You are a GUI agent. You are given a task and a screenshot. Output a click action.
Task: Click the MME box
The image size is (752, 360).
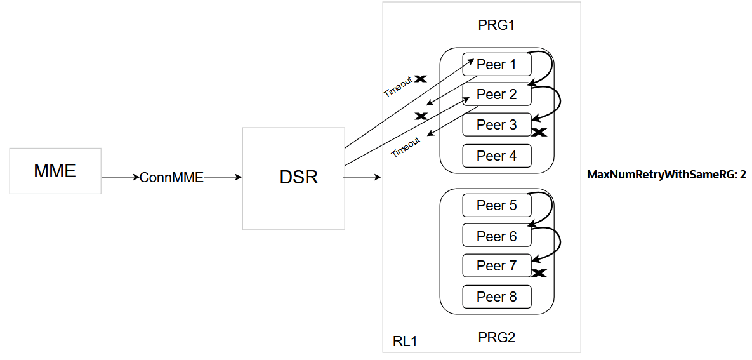pyautogui.click(x=55, y=171)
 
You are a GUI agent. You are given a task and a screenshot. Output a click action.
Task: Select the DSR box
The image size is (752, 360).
pyautogui.click(x=294, y=178)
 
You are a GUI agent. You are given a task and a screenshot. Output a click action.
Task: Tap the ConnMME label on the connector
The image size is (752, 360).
pyautogui.click(x=171, y=178)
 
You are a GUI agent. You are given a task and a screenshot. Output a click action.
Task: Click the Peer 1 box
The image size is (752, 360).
pyautogui.click(x=496, y=64)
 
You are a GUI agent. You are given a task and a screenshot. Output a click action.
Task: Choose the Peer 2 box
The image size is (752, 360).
pyautogui.click(x=496, y=95)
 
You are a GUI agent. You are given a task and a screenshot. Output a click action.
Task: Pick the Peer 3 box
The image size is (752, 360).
pyautogui.click(x=496, y=124)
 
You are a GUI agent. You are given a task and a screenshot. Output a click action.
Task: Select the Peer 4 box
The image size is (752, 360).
pyautogui.click(x=496, y=156)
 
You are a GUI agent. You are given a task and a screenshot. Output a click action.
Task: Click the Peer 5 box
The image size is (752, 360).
pyautogui.click(x=496, y=205)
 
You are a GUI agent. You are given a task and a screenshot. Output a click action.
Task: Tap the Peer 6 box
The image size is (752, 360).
pyautogui.click(x=496, y=236)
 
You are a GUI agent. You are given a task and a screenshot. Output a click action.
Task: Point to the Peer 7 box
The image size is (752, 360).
pyautogui.click(x=496, y=265)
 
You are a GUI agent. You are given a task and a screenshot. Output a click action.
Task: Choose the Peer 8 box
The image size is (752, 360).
pyautogui.click(x=496, y=297)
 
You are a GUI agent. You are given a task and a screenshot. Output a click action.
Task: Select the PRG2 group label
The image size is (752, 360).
pyautogui.click(x=496, y=337)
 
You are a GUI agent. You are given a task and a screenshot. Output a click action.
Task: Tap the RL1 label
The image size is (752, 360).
pyautogui.click(x=405, y=342)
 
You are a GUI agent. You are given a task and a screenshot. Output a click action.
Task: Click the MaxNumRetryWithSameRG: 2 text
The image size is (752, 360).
pyautogui.click(x=666, y=174)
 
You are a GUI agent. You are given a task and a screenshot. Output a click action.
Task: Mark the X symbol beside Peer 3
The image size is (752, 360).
pyautogui.click(x=539, y=133)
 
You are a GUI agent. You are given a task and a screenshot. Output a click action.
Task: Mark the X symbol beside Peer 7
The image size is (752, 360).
pyautogui.click(x=539, y=274)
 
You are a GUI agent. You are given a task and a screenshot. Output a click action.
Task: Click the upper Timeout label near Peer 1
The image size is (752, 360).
pyautogui.click(x=397, y=87)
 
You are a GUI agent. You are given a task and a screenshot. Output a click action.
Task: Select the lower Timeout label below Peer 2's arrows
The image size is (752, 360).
pyautogui.click(x=406, y=147)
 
